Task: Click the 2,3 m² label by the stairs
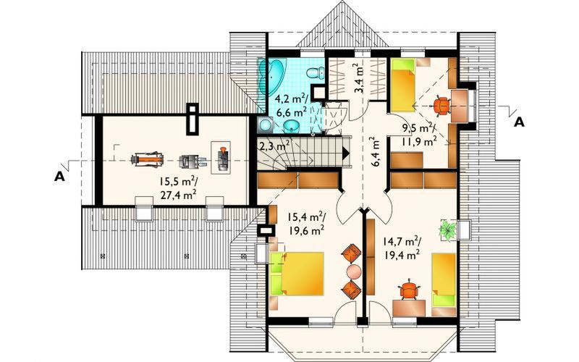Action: click(274, 146)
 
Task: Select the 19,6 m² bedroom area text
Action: click(307, 230)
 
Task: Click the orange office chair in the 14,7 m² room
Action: click(409, 290)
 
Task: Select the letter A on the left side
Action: click(59, 174)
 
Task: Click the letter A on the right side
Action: click(518, 122)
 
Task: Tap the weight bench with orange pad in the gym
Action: click(147, 156)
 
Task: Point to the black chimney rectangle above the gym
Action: click(192, 119)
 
